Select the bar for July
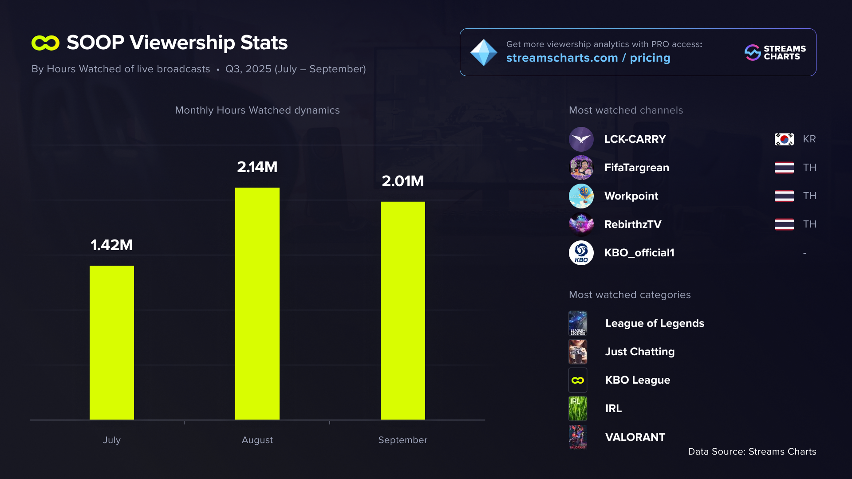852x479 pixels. pyautogui.click(x=112, y=342)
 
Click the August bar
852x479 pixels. pyautogui.click(x=257, y=303)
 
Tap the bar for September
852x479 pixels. pyautogui.click(x=403, y=310)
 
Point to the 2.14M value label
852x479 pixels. pyautogui.click(x=257, y=167)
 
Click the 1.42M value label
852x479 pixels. pyautogui.click(x=112, y=245)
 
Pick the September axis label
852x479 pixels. pyautogui.click(x=403, y=440)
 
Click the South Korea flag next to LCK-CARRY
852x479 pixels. pyautogui.click(x=784, y=139)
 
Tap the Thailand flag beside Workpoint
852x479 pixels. pyautogui.click(x=784, y=196)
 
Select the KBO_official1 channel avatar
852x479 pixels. pyautogui.click(x=581, y=253)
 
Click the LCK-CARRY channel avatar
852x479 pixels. pyautogui.click(x=581, y=139)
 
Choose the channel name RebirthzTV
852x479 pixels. pyautogui.click(x=633, y=224)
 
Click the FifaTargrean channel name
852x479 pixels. pyautogui.click(x=637, y=168)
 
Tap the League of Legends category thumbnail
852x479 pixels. pyautogui.click(x=578, y=323)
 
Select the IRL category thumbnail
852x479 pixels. pyautogui.click(x=578, y=408)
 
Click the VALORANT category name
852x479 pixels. pyautogui.click(x=635, y=437)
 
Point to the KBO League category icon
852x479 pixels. pyautogui.click(x=578, y=380)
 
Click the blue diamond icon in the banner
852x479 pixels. pyautogui.click(x=484, y=52)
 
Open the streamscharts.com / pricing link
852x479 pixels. pyautogui.click(x=588, y=58)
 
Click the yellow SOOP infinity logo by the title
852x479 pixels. pyautogui.click(x=45, y=43)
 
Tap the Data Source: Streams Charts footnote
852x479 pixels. pyautogui.click(x=752, y=452)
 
